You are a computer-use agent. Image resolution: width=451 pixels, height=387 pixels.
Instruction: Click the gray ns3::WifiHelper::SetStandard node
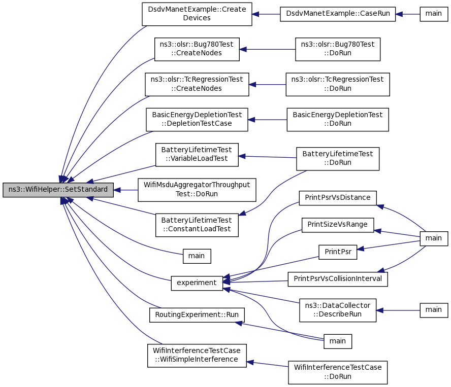pos(58,190)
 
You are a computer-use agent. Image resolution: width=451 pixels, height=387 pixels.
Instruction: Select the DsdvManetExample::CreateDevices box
pos(197,14)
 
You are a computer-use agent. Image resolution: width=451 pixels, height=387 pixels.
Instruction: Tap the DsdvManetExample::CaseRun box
pos(338,14)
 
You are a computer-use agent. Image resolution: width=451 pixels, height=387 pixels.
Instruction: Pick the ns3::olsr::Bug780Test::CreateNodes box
pos(197,49)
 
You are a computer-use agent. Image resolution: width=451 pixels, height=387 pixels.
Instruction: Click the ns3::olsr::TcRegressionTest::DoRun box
pos(338,85)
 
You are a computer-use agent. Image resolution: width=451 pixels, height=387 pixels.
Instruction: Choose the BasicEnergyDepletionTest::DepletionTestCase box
pos(197,120)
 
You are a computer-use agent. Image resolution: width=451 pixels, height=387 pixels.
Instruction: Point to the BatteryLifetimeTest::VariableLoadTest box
pos(197,155)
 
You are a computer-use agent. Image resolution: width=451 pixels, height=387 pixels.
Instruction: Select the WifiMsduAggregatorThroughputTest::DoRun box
pos(197,190)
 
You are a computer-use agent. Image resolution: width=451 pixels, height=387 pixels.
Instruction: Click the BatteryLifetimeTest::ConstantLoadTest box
pos(197,225)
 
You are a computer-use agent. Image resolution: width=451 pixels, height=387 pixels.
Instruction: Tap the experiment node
pos(197,284)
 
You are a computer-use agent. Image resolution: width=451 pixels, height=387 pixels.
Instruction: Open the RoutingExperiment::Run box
pos(197,315)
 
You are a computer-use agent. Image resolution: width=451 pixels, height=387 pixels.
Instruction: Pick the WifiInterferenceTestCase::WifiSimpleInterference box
pos(197,356)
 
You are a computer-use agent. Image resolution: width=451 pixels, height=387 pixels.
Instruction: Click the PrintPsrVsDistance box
pos(338,198)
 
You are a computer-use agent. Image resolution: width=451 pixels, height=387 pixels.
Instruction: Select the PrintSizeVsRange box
pos(338,225)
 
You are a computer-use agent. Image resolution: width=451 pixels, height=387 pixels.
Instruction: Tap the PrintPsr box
pos(338,252)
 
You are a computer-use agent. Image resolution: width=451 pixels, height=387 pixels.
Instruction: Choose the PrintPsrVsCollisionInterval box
pos(338,279)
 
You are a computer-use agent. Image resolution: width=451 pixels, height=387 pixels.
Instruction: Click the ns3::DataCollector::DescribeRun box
pos(338,310)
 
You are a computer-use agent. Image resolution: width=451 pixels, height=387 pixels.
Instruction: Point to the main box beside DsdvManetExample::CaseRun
pos(434,14)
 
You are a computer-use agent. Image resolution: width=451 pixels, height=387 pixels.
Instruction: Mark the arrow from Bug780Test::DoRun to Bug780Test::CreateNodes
pos(268,49)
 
